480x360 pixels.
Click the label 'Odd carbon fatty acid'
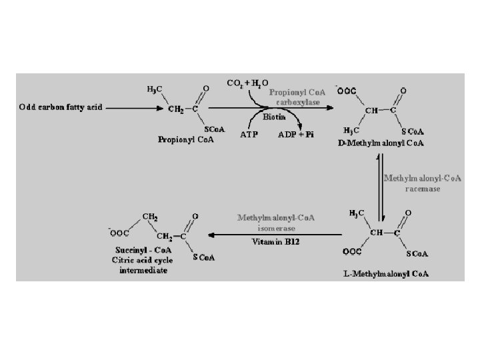point(61,107)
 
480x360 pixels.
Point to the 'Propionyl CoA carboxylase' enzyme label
point(298,97)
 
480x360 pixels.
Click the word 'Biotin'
point(273,116)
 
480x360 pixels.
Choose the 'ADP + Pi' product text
point(295,133)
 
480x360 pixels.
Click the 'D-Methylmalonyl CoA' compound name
point(381,143)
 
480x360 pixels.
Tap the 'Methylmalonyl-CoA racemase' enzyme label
point(422,183)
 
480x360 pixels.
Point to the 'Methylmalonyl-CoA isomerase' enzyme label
point(276,223)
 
